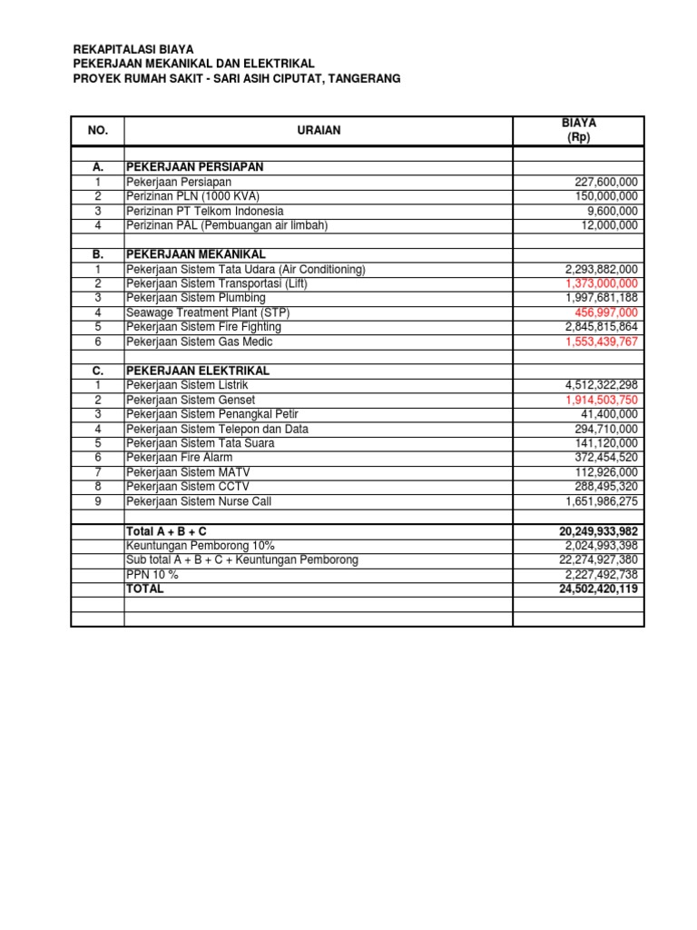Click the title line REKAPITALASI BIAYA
click(x=133, y=49)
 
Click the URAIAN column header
click(x=319, y=131)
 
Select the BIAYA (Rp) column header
click(x=578, y=130)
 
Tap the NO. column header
click(x=97, y=131)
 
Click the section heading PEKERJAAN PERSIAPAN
click(x=194, y=167)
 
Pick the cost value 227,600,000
click(x=601, y=182)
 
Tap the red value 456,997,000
click(x=604, y=312)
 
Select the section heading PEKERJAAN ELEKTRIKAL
click(x=198, y=371)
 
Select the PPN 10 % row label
click(x=152, y=574)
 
